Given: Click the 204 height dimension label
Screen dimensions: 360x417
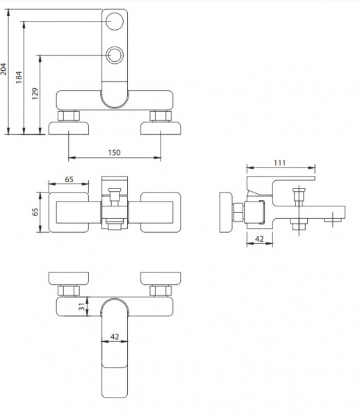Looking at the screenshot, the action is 3,69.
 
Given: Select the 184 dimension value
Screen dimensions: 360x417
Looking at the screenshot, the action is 19,77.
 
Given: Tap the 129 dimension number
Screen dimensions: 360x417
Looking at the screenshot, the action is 35,94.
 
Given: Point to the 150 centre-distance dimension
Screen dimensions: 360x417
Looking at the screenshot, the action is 115,152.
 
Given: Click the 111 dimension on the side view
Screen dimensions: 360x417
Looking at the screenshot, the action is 279,163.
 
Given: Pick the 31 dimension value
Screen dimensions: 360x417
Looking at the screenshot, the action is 82,306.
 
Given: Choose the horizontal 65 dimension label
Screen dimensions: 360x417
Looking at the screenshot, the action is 69,179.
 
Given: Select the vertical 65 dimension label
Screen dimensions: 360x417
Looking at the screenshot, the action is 35,212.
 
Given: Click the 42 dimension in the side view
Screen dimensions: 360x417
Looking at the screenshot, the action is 259,239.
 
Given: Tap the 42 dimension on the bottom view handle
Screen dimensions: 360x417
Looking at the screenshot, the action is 115,336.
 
